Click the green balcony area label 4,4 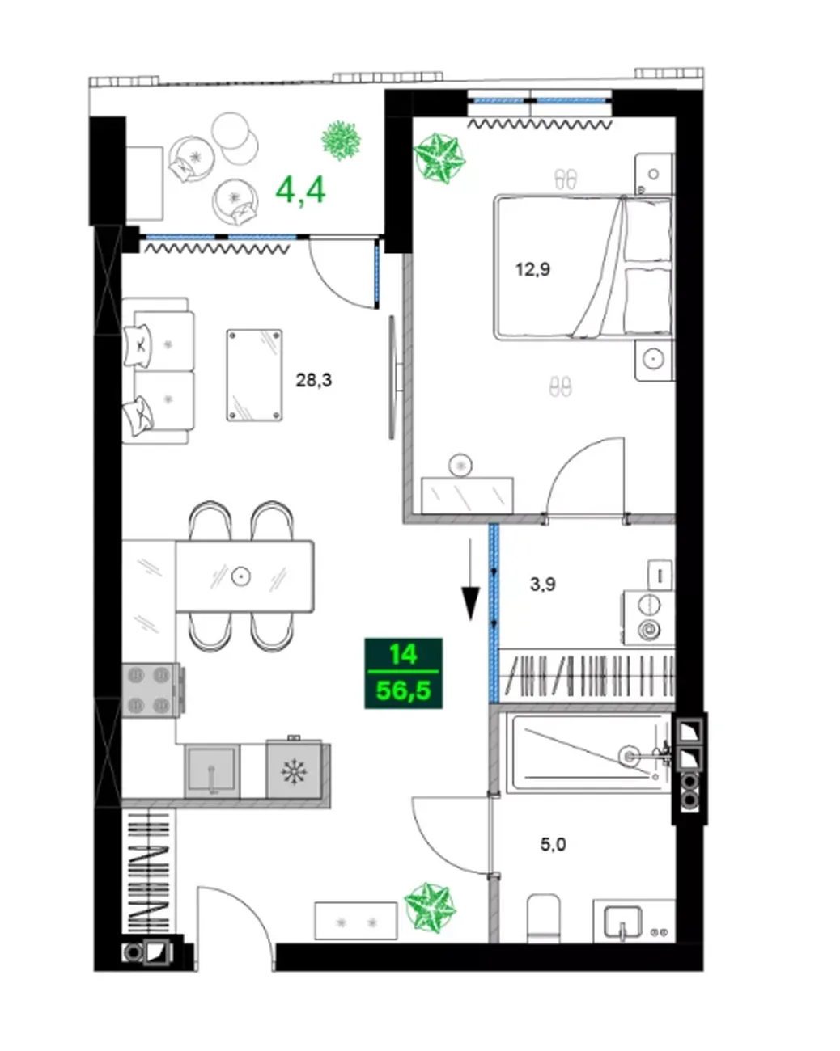point(300,190)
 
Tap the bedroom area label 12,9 point(533,269)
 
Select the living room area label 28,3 point(313,379)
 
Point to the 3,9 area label point(543,584)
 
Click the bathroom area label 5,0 point(553,844)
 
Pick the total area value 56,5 point(403,691)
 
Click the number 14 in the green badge point(403,655)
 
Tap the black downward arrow point(470,579)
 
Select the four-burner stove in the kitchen point(151,690)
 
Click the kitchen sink point(212,771)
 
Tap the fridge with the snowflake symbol point(295,770)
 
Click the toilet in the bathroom point(544,918)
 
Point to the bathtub point(590,753)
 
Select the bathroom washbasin point(622,922)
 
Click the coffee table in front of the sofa point(254,375)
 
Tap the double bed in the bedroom point(583,267)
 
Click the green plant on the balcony point(341,140)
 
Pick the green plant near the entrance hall point(431,908)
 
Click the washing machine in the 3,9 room point(648,618)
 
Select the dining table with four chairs point(244,576)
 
